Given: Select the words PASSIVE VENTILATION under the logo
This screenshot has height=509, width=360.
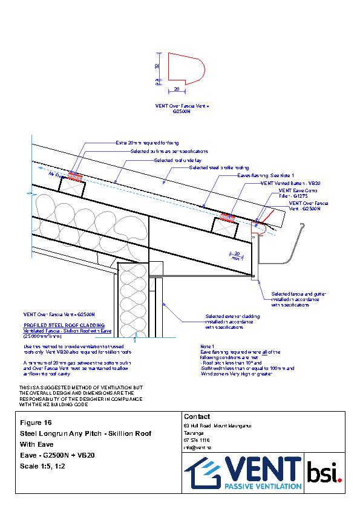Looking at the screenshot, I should pos(263,485).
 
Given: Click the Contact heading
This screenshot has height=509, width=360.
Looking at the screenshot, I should pos(196,417).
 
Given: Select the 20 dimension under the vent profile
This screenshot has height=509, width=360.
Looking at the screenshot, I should pos(176,88).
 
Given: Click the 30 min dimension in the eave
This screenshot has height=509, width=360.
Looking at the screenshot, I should pos(237,254).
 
